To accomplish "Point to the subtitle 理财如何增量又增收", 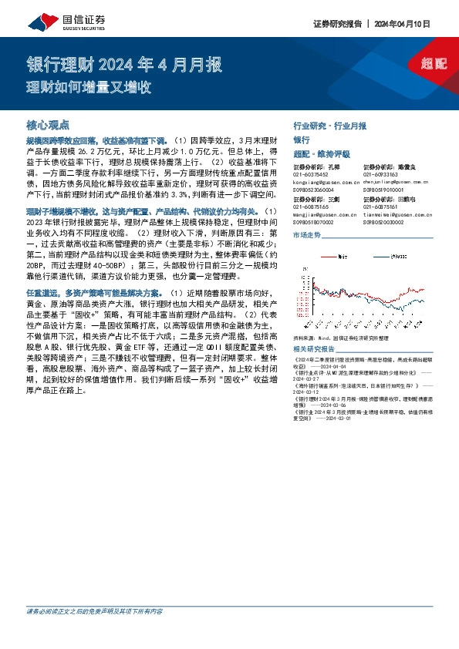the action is click(x=89, y=86).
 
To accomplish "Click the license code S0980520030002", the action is click(x=390, y=221).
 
